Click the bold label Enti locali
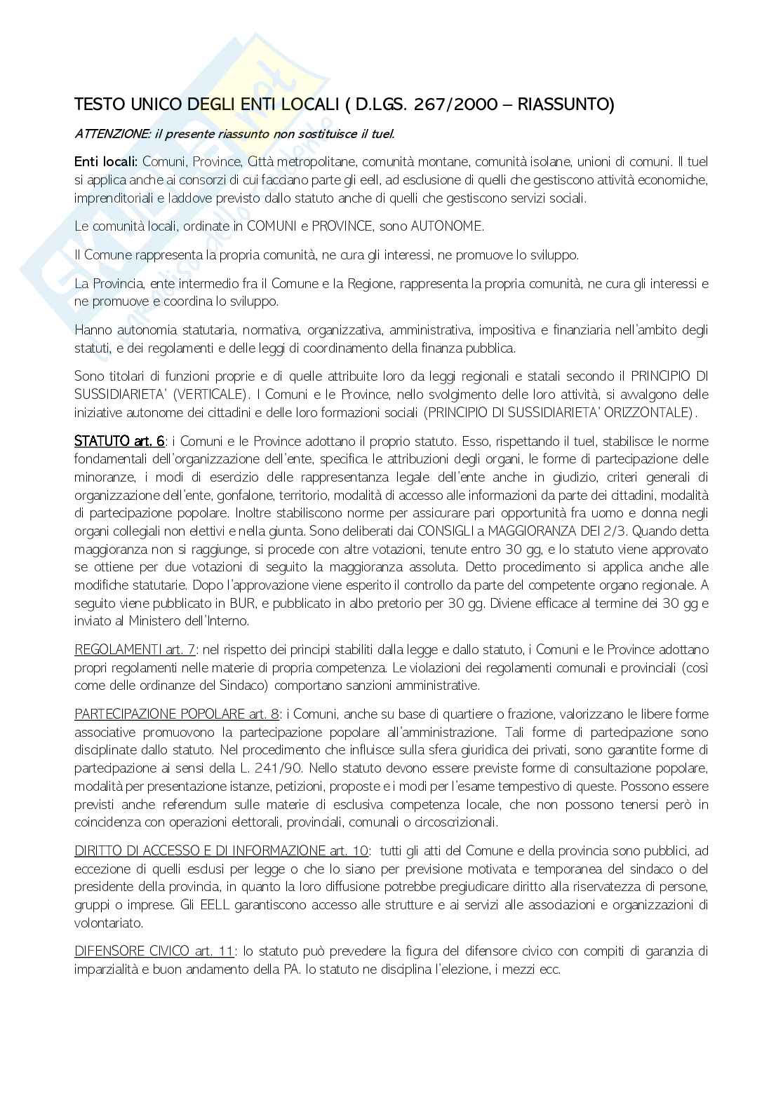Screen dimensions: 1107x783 105,162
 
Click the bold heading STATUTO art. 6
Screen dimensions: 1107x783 120,441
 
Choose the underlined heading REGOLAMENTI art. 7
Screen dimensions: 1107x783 135,649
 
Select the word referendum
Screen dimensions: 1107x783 192,804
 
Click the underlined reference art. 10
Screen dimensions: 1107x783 349,851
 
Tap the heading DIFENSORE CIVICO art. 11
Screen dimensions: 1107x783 154,951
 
